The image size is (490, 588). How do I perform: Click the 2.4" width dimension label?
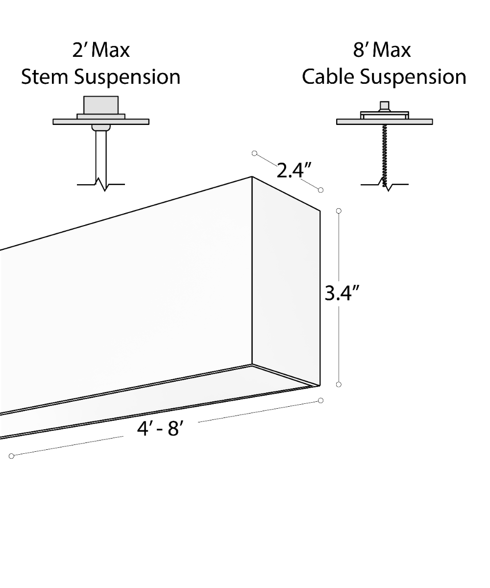294,171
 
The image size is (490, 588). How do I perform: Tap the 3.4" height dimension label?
343,294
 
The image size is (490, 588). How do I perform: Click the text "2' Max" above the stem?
101,50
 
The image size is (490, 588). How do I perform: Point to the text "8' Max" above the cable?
382,50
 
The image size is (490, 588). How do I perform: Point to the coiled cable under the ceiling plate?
384,152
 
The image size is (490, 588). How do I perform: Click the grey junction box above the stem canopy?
101,104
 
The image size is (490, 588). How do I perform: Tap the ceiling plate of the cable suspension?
384,122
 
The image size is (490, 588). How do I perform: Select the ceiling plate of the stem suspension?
101,122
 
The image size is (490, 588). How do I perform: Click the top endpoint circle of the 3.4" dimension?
339,211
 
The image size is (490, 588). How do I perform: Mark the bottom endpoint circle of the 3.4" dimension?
339,384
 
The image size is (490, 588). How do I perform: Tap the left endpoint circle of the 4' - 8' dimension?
12,456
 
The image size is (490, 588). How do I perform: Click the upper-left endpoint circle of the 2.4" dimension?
254,153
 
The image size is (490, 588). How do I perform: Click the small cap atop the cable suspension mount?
384,106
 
